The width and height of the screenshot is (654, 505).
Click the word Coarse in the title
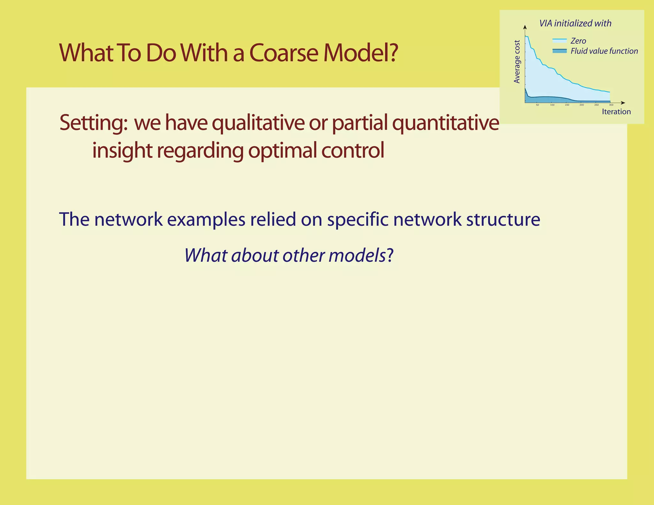click(284, 53)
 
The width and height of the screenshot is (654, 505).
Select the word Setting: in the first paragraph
click(94, 123)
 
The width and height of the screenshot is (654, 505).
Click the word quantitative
click(445, 123)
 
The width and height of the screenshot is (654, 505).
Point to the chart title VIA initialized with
click(575, 23)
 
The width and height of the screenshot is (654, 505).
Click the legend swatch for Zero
click(559, 41)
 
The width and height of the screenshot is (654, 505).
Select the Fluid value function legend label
click(604, 51)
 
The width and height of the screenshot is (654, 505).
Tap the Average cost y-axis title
click(517, 62)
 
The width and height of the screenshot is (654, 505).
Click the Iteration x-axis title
click(616, 112)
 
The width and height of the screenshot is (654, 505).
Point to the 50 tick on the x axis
click(537, 105)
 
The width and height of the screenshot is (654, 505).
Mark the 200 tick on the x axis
click(582, 105)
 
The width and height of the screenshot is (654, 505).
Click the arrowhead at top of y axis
click(525, 27)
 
